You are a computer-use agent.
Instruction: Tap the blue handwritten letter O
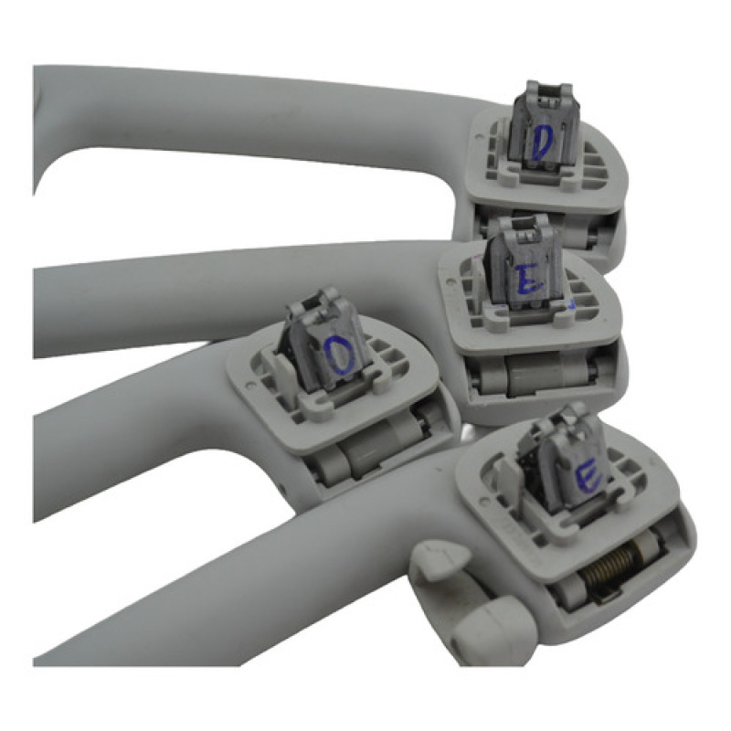point(340,356)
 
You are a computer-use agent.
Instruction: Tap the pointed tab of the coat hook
point(440,559)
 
